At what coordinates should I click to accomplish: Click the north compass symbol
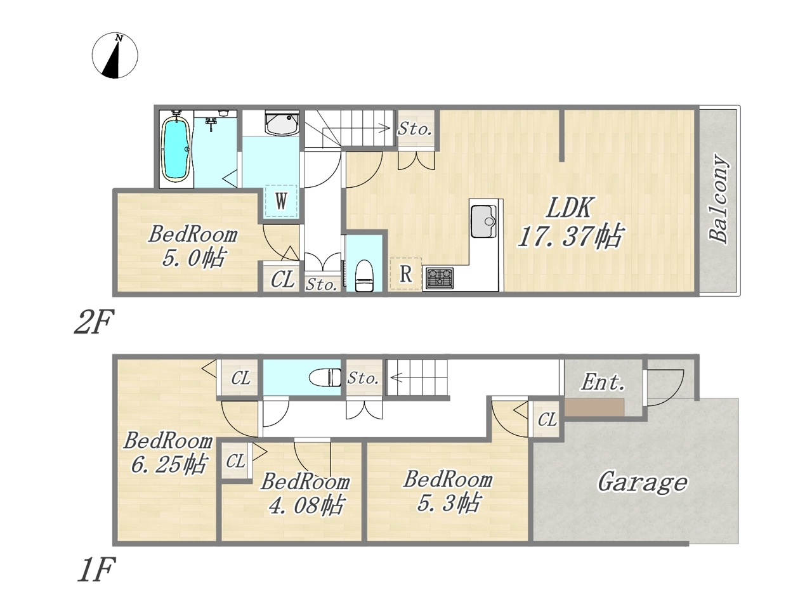click(x=115, y=55)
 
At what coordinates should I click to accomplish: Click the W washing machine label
click(x=281, y=201)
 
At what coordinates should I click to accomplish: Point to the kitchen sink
click(x=483, y=222)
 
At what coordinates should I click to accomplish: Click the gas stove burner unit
click(x=440, y=278)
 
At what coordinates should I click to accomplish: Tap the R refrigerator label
click(x=406, y=274)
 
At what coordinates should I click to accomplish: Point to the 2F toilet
click(x=365, y=275)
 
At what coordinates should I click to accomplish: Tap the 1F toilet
click(x=325, y=377)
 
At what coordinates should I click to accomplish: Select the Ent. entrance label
click(x=603, y=383)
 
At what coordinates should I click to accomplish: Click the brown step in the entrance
click(x=594, y=407)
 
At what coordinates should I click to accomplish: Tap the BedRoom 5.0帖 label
click(x=193, y=246)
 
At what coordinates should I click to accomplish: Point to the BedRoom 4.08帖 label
click(x=305, y=494)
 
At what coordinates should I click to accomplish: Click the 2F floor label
click(x=93, y=322)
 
